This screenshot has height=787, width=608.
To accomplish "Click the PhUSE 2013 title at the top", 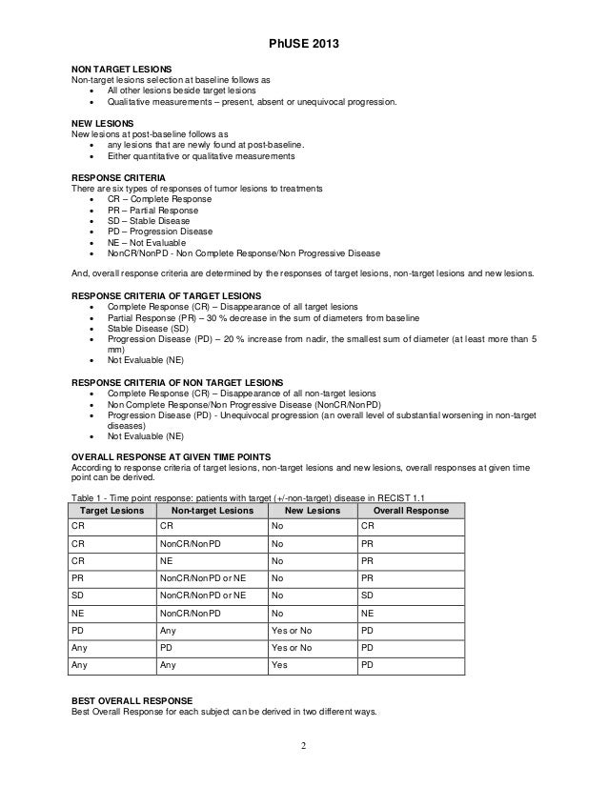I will coord(303,45).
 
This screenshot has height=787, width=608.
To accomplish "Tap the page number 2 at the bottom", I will coord(303,744).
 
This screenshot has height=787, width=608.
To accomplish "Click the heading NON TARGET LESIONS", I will coord(122,71).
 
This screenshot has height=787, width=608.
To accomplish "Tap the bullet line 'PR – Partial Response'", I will coord(153,211).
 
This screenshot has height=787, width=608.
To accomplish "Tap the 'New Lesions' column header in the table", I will coord(310,511).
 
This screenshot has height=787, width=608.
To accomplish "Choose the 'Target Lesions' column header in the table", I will coord(111,511).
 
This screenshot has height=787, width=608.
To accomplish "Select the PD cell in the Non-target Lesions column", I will coord(167,647).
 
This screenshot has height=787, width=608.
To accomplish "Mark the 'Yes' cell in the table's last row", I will coord(279,665).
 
